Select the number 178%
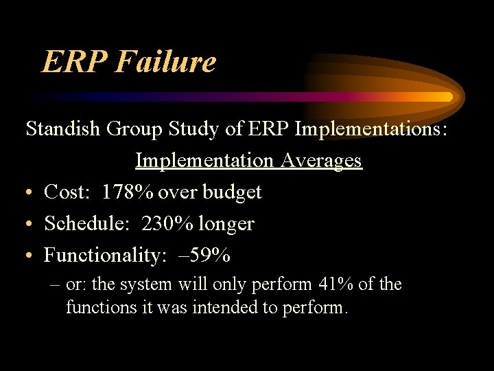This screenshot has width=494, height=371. pos(128,192)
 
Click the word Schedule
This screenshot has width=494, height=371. pos(88,224)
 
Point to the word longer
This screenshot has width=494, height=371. pos(226,224)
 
